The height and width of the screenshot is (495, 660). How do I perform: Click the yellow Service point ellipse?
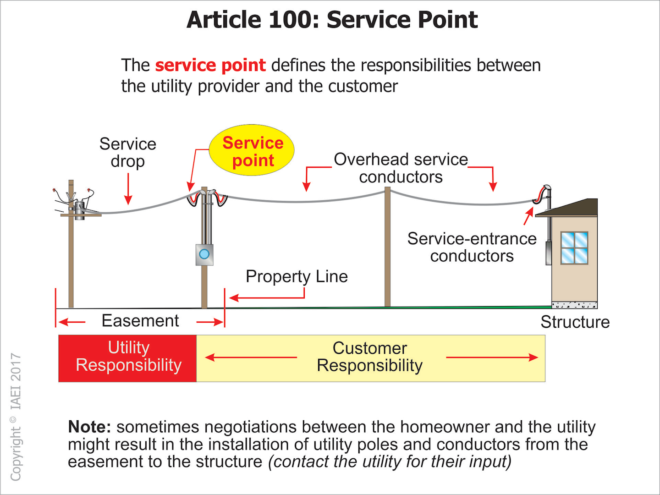[x=252, y=150]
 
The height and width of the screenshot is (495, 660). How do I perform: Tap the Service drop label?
[x=128, y=153]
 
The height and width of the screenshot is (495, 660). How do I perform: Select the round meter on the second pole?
[x=204, y=254]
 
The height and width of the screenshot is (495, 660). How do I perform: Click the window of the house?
[x=574, y=248]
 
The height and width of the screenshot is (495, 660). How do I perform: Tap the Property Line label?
[x=297, y=276]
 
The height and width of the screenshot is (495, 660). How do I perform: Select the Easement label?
[x=140, y=321]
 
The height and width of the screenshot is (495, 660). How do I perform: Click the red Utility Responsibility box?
[x=128, y=358]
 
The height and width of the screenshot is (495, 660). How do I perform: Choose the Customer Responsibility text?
[x=370, y=357]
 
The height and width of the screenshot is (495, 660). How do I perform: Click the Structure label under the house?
[x=575, y=322]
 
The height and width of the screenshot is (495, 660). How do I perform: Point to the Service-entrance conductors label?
[x=472, y=247]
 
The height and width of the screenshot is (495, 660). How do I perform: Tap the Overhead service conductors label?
[x=401, y=168]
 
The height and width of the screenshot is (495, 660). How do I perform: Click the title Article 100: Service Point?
[x=332, y=20]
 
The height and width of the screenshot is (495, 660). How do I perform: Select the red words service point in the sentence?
[x=210, y=65]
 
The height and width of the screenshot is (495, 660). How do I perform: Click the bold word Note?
[x=89, y=427]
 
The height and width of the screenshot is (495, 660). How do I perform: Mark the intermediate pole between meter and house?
[x=387, y=247]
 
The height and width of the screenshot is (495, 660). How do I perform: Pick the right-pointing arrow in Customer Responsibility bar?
[x=491, y=357]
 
